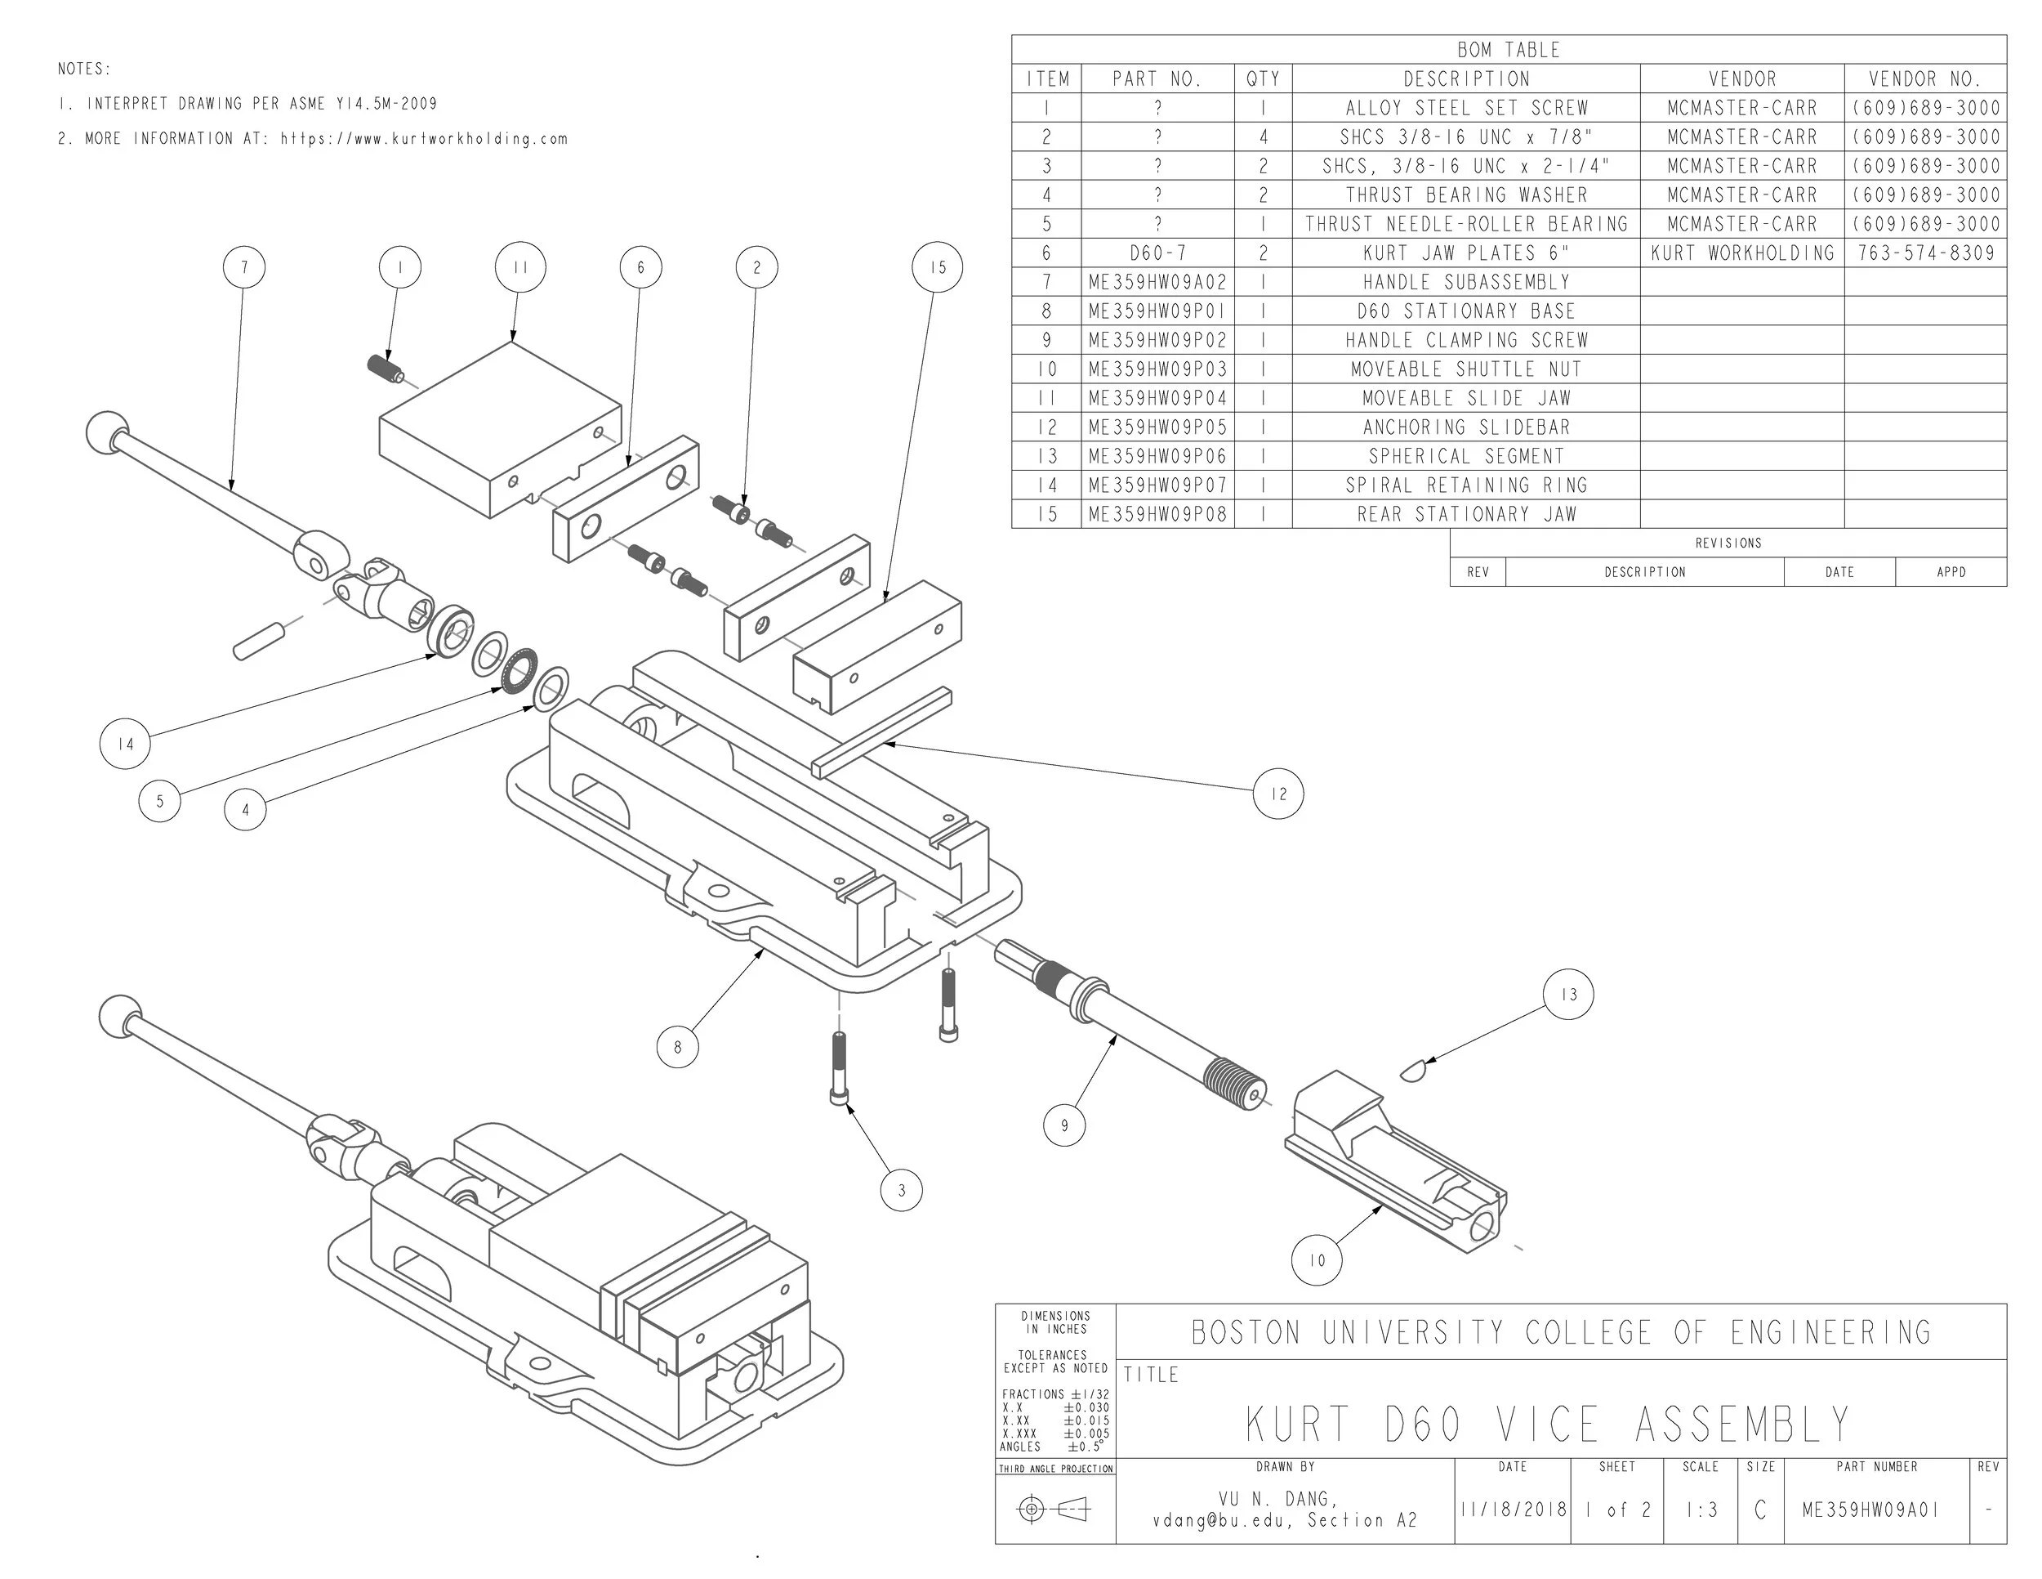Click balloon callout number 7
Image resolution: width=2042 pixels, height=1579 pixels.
pyautogui.click(x=244, y=267)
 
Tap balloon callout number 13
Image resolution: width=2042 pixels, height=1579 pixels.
pyautogui.click(x=1569, y=995)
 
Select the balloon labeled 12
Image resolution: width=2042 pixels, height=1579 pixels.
pyautogui.click(x=1278, y=794)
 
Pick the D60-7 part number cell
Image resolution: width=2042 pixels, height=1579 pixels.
pyautogui.click(x=1157, y=253)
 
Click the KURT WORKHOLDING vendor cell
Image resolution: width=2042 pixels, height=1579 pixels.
pyautogui.click(x=1742, y=253)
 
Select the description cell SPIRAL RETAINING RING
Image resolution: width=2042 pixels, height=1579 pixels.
pyautogui.click(x=1465, y=485)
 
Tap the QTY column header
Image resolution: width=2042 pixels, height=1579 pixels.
pyautogui.click(x=1263, y=79)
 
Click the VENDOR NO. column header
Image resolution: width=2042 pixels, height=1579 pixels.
pyautogui.click(x=1925, y=79)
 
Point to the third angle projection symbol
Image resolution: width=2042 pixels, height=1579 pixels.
pyautogui.click(x=1054, y=1509)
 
